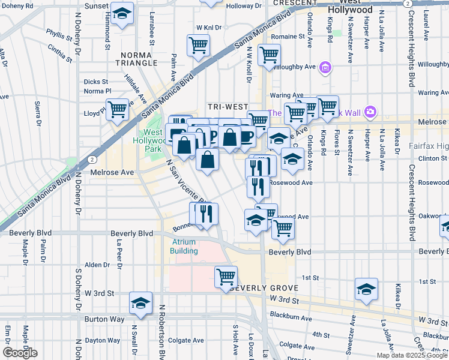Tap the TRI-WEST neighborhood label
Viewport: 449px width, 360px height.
pyautogui.click(x=224, y=106)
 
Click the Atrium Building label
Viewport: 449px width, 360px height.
pyautogui.click(x=184, y=247)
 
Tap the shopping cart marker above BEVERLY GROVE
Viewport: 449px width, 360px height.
pyautogui.click(x=226, y=277)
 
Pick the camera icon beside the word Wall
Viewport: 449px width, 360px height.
pyautogui.click(x=370, y=112)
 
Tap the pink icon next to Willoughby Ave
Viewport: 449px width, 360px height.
pyautogui.click(x=325, y=67)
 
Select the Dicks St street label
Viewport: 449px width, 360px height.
pyautogui.click(x=96, y=82)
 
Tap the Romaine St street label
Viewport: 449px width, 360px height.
pyautogui.click(x=284, y=37)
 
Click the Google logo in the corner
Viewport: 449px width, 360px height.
pyautogui.click(x=20, y=353)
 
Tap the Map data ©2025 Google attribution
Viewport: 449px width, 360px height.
pyautogui.click(x=412, y=355)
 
